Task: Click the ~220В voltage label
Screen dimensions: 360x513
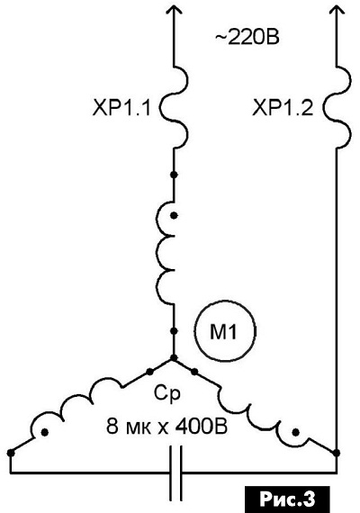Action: click(247, 38)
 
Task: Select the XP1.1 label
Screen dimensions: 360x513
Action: click(121, 108)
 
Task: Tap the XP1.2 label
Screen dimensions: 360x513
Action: click(283, 108)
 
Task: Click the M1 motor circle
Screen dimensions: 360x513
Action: click(225, 332)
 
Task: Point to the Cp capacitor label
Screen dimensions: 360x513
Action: click(166, 394)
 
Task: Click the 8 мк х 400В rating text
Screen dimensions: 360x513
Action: click(166, 427)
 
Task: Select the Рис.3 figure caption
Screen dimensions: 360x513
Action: click(287, 499)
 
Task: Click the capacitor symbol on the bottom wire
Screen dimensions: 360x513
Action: click(175, 472)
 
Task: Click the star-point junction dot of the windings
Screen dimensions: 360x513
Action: click(174, 357)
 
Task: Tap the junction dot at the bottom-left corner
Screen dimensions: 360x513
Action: click(11, 453)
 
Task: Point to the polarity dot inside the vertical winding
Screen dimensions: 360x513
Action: click(175, 216)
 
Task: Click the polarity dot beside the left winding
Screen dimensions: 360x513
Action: click(45, 433)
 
